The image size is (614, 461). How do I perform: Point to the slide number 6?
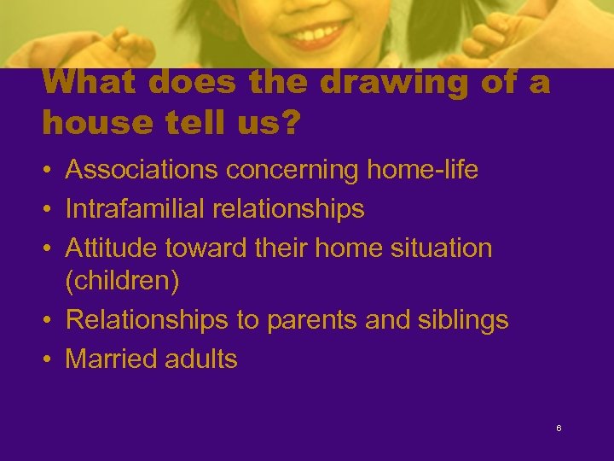pyautogui.click(x=559, y=428)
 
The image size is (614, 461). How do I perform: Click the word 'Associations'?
pyautogui.click(x=142, y=171)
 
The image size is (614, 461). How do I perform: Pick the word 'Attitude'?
pyautogui.click(x=111, y=248)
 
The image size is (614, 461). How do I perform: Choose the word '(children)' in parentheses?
pyautogui.click(x=122, y=282)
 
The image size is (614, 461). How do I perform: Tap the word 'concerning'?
pyautogui.click(x=293, y=171)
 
